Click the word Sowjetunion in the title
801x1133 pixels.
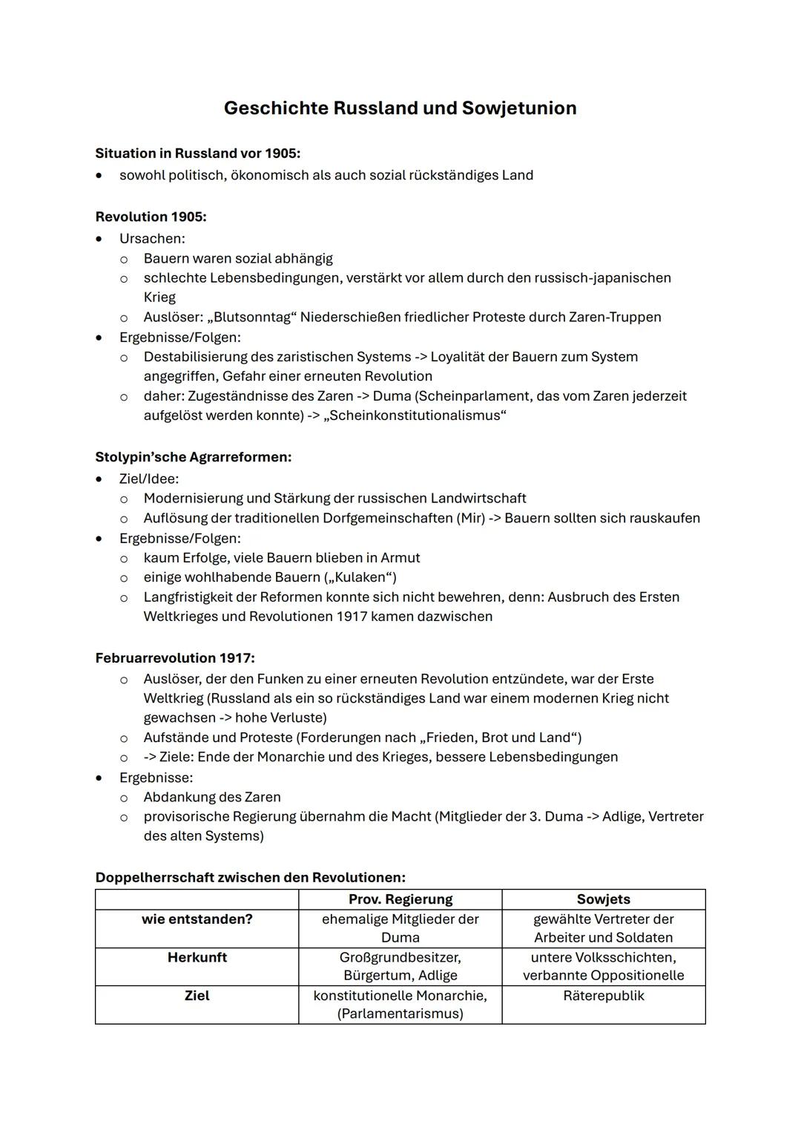point(518,108)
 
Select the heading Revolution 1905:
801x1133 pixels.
point(151,217)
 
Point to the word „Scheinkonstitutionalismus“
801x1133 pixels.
point(415,416)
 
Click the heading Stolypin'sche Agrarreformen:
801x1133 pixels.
point(193,457)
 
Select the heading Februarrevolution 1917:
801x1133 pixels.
point(175,658)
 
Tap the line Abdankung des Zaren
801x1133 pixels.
point(212,797)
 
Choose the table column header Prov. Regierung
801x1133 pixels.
point(400,899)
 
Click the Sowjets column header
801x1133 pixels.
point(603,899)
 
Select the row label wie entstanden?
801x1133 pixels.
point(197,919)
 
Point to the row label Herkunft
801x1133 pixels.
point(197,957)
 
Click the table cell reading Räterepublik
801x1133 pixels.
point(603,996)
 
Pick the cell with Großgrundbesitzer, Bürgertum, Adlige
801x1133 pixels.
point(400,966)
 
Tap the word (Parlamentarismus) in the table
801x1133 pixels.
point(400,1014)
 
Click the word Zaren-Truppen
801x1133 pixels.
point(615,318)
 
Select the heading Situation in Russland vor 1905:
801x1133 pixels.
point(197,154)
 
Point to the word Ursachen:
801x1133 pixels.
point(152,239)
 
